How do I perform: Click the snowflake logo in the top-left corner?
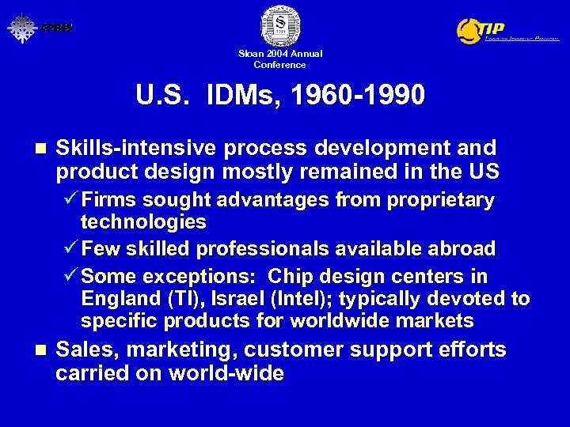(22, 28)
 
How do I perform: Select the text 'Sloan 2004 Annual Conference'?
(280, 59)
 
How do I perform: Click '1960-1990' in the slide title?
(358, 96)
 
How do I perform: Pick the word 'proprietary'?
(441, 201)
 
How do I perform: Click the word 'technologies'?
(143, 222)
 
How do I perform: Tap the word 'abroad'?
(462, 249)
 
